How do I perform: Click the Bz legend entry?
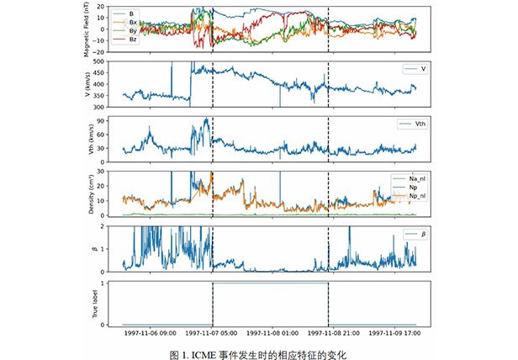point(134,40)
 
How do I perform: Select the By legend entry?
point(134,30)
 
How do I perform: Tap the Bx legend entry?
point(134,22)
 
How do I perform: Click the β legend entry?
point(412,234)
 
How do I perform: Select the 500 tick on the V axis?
point(109,62)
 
